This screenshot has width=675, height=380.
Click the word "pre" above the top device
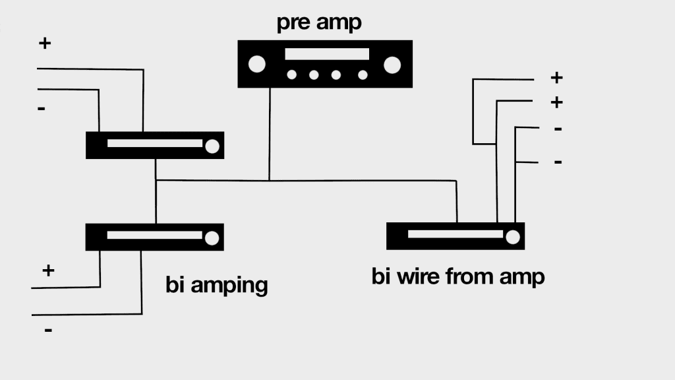point(293,23)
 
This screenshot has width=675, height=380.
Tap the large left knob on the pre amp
point(256,64)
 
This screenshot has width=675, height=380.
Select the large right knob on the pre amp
point(392,64)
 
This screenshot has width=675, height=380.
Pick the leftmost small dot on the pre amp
point(292,75)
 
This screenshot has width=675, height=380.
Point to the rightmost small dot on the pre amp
point(362,75)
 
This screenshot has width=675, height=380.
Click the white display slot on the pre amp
point(327,54)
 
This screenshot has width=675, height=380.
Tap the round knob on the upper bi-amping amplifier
point(212,146)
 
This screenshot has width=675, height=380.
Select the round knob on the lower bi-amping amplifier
point(212,237)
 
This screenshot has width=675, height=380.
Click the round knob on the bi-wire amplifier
point(512,236)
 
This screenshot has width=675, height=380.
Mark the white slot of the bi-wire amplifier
point(455,234)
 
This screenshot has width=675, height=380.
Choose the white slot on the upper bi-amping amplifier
point(154,143)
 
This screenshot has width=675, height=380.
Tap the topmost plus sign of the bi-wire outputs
point(556,78)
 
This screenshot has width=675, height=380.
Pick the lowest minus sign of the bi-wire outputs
point(558,162)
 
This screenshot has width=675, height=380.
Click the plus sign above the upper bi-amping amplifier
point(45,44)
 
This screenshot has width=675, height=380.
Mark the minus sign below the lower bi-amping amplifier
point(48,329)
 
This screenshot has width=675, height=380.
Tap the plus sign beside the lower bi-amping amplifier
point(48,270)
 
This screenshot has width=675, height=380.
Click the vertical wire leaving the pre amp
point(269,132)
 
